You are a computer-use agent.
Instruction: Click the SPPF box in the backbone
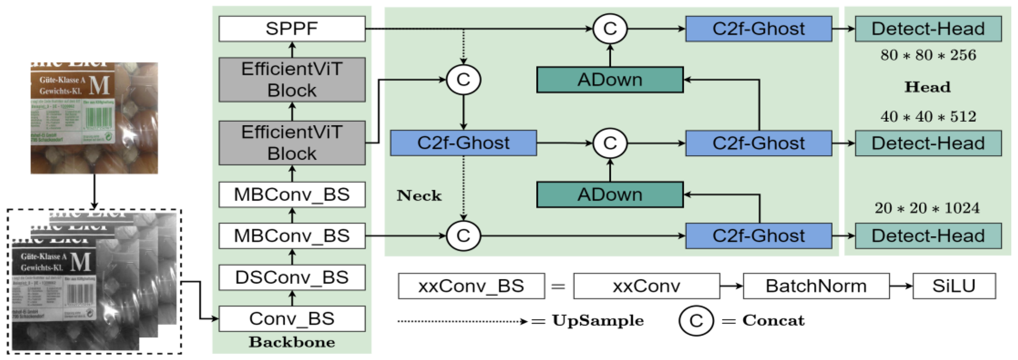[x=292, y=29]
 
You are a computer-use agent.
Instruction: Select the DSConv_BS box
[x=292, y=277]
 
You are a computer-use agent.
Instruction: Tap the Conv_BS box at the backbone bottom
[x=292, y=318]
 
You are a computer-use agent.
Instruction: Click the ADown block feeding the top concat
[x=610, y=80]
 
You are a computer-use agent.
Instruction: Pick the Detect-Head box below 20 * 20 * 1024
[x=928, y=236]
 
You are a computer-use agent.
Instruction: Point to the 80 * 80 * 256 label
[x=928, y=55]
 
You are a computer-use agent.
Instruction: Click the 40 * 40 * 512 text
[x=928, y=117]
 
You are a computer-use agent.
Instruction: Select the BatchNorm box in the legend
[x=816, y=286]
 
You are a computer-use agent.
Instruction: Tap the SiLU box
[x=954, y=286]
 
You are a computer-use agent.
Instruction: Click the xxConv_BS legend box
[x=471, y=286]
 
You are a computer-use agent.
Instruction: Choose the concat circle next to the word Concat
[x=696, y=321]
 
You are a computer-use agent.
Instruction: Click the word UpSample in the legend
[x=598, y=321]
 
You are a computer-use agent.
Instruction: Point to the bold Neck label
[x=419, y=195]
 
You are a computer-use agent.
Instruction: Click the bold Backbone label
[x=292, y=342]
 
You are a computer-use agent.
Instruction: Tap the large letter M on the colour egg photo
[x=99, y=85]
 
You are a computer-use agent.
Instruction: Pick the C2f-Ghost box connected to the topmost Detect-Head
[x=758, y=29]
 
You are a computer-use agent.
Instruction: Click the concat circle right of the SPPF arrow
[x=610, y=29]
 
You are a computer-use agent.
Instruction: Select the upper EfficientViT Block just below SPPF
[x=292, y=80]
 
